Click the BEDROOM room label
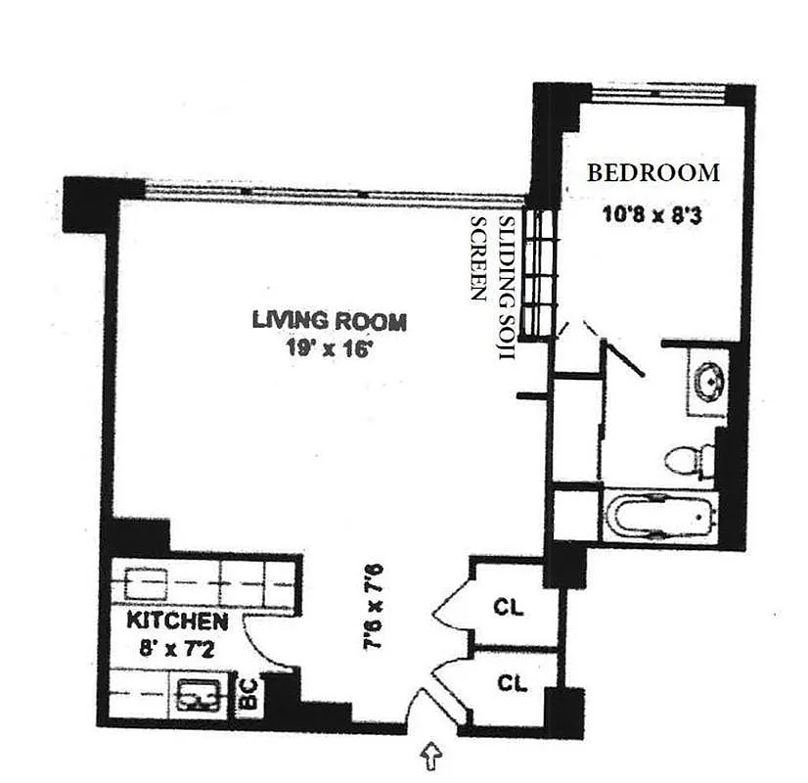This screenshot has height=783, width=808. [652, 173]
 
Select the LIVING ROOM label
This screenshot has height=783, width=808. [329, 320]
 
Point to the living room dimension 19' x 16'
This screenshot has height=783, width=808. [329, 348]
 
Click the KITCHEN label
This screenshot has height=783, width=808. [178, 622]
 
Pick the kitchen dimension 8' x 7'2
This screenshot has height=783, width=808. [177, 647]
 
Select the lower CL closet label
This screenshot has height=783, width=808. [511, 682]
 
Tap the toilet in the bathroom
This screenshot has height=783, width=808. [688, 460]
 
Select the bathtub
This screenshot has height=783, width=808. [661, 516]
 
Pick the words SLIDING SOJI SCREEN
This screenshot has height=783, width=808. [493, 284]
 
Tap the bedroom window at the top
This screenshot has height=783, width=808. [658, 93]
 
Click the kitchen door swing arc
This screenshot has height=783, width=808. [259, 641]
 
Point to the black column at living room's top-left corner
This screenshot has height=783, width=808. [90, 203]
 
